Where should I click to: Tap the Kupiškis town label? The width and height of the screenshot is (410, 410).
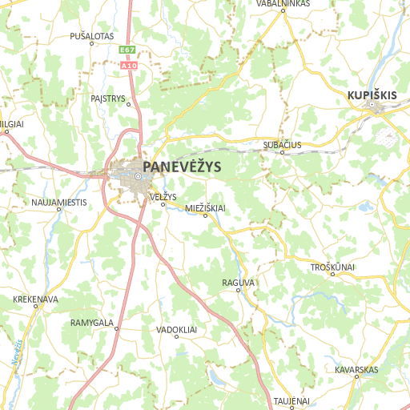(x=372, y=95)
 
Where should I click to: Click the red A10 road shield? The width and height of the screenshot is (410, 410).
(x=131, y=65)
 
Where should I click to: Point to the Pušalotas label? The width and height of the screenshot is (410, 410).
(x=92, y=36)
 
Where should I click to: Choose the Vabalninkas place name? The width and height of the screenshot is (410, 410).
(x=283, y=4)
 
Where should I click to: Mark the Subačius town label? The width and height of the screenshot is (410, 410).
(x=282, y=145)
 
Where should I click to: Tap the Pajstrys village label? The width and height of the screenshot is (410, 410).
(x=110, y=98)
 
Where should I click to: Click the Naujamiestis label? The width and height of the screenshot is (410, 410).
(x=59, y=202)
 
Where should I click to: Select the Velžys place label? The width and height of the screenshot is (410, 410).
(x=163, y=196)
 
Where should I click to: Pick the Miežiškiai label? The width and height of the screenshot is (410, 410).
(x=205, y=207)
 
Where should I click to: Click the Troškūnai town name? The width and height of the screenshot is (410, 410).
(x=332, y=267)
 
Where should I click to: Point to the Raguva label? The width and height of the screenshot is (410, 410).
(x=238, y=283)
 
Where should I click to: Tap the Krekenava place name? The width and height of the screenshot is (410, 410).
(x=36, y=299)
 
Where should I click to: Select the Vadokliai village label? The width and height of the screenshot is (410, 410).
(x=177, y=329)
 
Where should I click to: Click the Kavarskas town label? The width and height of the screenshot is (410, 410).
(x=356, y=369)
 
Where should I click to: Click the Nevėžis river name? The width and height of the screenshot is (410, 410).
(x=17, y=352)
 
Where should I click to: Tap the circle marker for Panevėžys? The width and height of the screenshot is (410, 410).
(x=139, y=176)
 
